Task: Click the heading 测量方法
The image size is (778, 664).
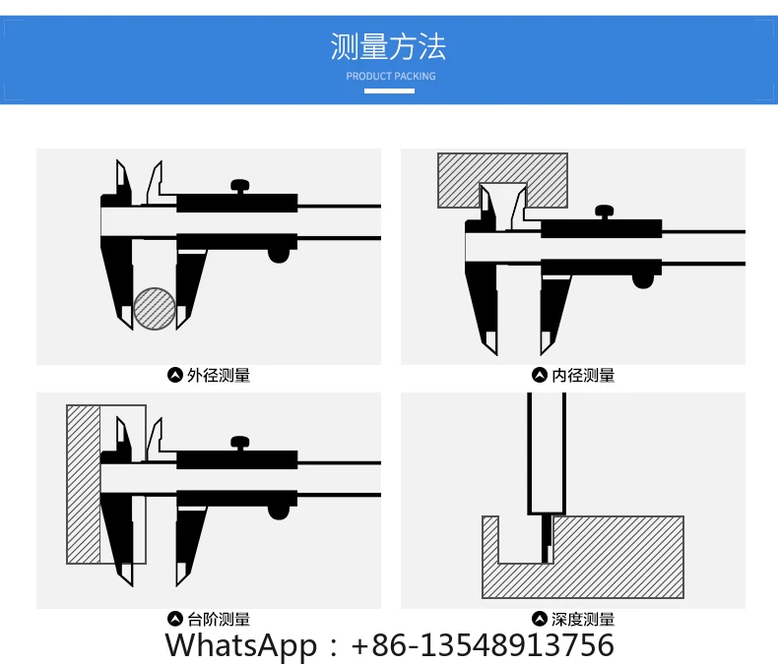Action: point(389,46)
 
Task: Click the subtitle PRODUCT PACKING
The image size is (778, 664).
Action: point(390,76)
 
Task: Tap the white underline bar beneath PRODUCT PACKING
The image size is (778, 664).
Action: point(390,91)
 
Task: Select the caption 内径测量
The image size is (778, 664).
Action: point(583,375)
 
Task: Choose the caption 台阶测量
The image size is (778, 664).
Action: point(219,619)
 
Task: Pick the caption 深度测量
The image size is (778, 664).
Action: point(583,619)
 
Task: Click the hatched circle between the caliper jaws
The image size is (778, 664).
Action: point(155,308)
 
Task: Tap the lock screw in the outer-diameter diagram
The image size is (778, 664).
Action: point(239,185)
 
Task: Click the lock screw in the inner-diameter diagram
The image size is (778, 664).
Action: point(604,211)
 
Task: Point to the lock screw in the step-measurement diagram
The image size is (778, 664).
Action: point(239,443)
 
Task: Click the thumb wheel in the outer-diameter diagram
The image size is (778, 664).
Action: point(280,255)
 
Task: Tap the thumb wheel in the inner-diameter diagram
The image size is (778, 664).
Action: point(644,280)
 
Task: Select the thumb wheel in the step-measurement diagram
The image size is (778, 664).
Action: point(280,512)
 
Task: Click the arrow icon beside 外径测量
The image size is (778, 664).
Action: point(175,375)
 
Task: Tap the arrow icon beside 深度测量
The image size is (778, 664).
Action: point(539,619)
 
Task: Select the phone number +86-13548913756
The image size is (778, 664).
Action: point(483,645)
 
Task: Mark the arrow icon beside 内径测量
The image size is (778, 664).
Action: point(539,375)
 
